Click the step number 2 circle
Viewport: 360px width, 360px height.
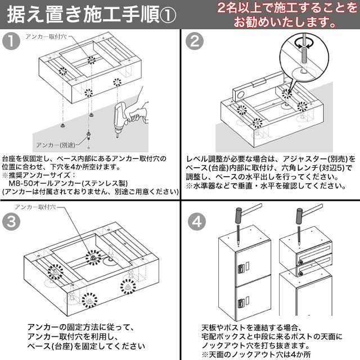tap(195, 41)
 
